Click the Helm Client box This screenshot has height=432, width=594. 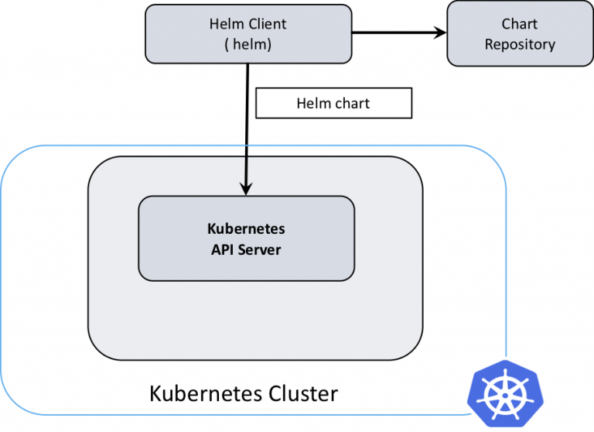[248, 34]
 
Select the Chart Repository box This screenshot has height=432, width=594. [520, 34]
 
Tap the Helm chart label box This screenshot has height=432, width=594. [334, 103]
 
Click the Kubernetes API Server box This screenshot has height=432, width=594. [247, 238]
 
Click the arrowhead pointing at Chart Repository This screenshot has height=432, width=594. [441, 33]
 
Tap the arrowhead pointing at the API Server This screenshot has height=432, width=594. [246, 189]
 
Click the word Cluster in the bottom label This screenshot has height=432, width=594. [303, 394]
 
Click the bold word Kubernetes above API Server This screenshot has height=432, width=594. [246, 228]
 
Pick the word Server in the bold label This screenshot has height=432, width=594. [260, 250]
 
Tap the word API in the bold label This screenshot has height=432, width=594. [223, 250]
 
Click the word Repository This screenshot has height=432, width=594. [520, 45]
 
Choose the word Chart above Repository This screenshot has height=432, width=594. [520, 24]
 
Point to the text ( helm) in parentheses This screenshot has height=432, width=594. [248, 45]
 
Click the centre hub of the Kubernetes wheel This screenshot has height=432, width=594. [505, 396]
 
